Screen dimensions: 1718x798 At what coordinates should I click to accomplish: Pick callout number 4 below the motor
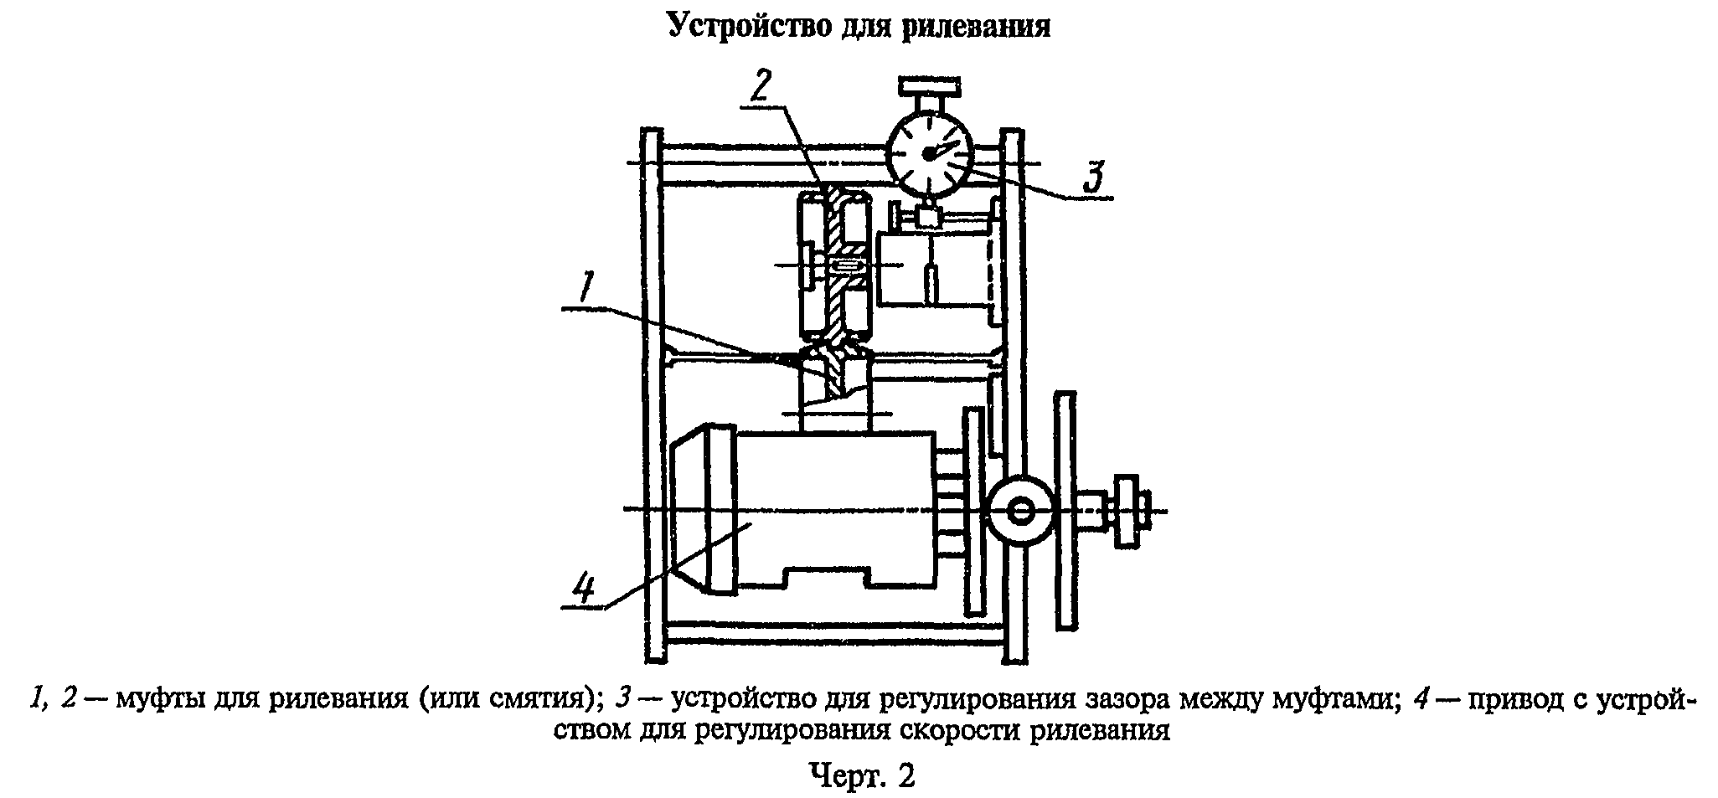tap(584, 588)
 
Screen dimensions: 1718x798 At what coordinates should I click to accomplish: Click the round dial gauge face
tap(930, 155)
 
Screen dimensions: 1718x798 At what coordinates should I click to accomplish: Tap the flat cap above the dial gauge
tap(929, 85)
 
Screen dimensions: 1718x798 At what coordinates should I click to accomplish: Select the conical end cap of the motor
tap(689, 511)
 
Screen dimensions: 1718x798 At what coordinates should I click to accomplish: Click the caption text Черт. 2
tap(862, 775)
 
